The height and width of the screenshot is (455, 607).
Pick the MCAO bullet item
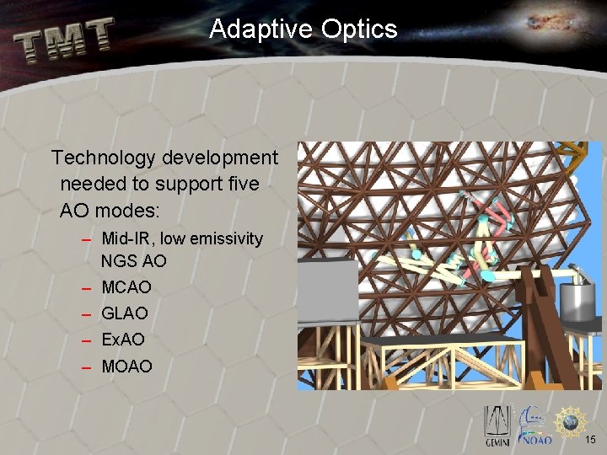126,287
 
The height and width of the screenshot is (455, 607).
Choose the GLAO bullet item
125,313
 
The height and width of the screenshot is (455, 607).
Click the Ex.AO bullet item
123,340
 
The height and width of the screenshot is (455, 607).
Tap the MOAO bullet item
126,367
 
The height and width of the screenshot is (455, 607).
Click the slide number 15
591,440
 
